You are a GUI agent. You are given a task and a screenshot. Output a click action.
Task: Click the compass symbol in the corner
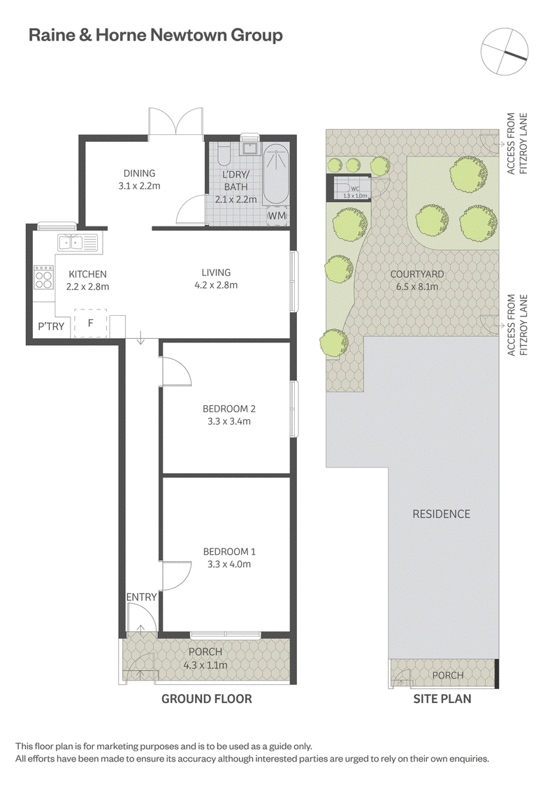pos(504,51)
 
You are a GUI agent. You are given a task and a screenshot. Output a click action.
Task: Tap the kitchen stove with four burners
pos(44,278)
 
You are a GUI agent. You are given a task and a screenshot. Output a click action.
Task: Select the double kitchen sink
pos(78,243)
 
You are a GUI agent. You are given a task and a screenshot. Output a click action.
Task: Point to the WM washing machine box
pos(277,215)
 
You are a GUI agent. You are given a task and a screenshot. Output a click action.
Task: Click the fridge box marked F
pos(91,323)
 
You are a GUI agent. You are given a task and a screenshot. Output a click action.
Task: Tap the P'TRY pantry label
pos(51,326)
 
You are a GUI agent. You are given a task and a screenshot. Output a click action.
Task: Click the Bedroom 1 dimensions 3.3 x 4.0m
pos(229,564)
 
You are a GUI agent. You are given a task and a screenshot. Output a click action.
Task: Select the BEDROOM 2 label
pos(226,409)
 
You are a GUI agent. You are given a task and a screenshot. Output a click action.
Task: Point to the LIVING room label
pos(216,273)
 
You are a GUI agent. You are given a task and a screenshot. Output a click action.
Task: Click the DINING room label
pos(139,173)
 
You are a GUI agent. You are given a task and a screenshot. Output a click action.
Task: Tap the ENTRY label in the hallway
pos(141,597)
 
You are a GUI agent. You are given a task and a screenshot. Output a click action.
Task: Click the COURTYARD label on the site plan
pos(417,275)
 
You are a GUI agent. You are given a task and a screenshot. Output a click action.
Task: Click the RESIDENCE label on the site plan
pos(442,514)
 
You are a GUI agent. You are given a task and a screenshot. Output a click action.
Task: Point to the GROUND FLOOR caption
pos(206,699)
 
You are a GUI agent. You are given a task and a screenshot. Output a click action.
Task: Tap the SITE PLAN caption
pos(442,699)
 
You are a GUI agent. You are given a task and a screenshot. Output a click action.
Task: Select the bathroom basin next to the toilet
pos(249,147)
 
